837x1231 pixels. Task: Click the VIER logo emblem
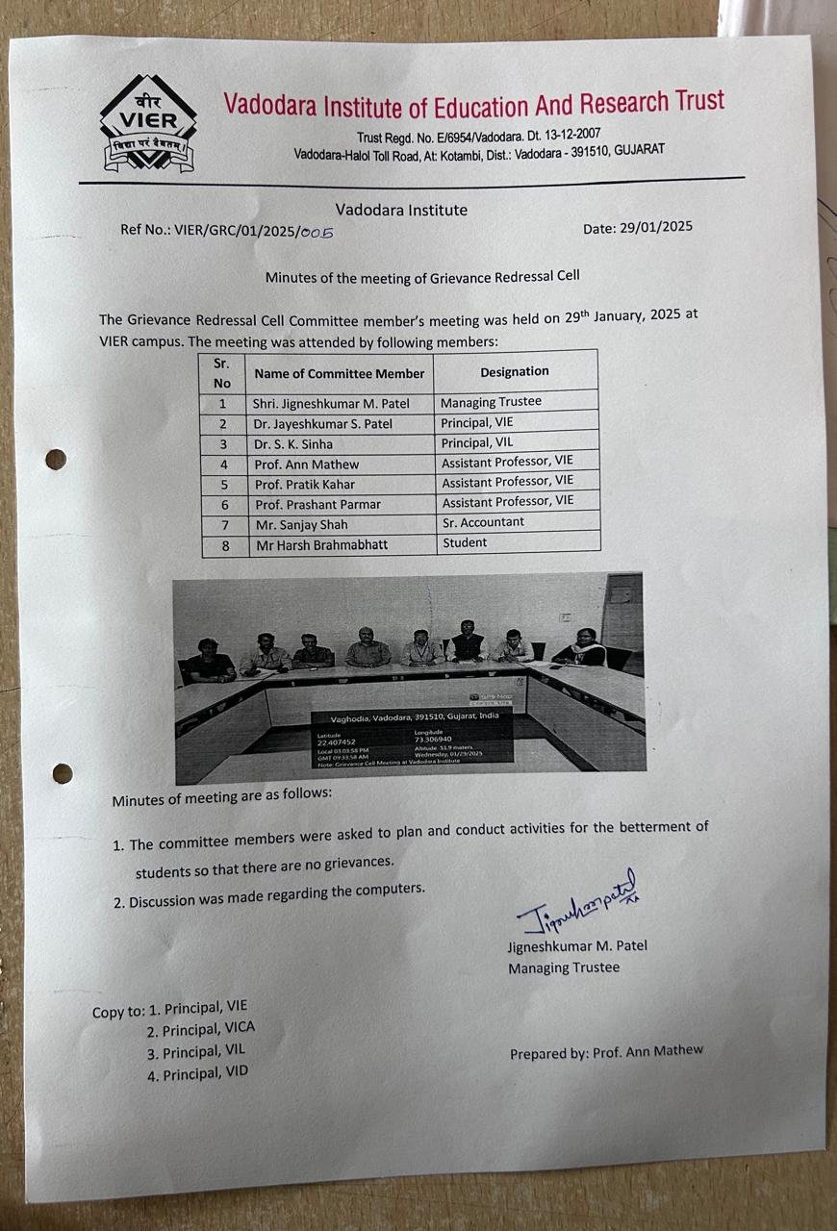(x=148, y=124)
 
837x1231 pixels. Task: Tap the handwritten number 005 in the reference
(x=316, y=231)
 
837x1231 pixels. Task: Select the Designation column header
(x=515, y=371)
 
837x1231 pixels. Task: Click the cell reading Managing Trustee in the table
(x=491, y=402)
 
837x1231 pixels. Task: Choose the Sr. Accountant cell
(x=483, y=522)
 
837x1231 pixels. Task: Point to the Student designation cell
(x=465, y=542)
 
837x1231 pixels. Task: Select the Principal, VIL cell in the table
(x=477, y=442)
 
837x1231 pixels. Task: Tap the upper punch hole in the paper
(x=56, y=460)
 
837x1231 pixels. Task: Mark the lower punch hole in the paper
(x=63, y=773)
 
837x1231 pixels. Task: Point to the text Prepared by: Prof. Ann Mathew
(x=606, y=1052)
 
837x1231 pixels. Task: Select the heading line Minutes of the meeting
(x=422, y=277)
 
